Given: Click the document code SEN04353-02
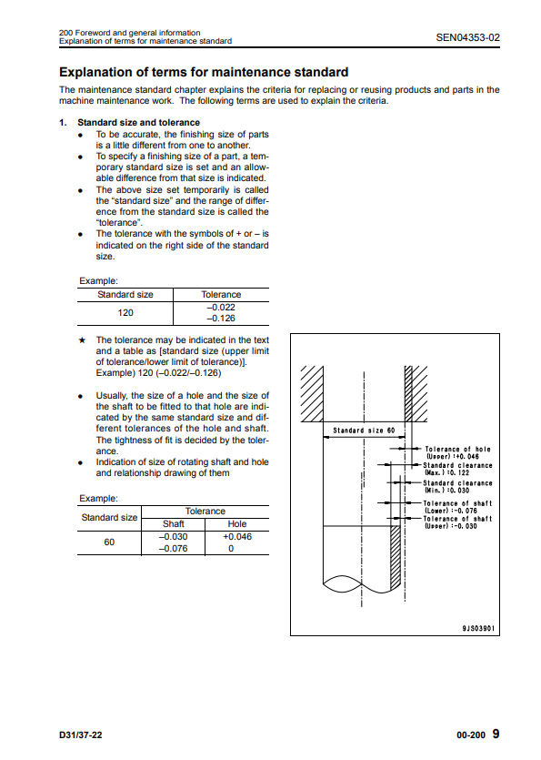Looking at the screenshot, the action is [467, 37].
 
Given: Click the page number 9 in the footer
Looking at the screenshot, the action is [496, 734].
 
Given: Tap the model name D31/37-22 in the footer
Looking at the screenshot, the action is [81, 735].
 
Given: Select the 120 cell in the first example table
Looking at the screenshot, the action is [125, 312].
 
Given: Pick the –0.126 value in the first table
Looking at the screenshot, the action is [221, 319].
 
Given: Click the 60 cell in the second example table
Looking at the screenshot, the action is [109, 542].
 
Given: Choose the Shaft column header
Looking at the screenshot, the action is [174, 524].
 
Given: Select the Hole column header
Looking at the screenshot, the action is [236, 524].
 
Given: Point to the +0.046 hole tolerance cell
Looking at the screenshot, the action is [237, 537].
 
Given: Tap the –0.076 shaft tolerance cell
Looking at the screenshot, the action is [173, 548].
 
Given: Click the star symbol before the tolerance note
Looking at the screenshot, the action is [82, 340].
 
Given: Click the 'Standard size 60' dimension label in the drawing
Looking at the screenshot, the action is [364, 431].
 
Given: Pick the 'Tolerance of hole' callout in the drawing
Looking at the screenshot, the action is [457, 452].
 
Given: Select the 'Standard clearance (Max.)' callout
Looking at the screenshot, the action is [457, 469].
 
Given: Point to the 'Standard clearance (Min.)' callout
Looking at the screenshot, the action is [457, 487].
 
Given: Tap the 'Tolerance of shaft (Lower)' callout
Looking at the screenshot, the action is [457, 507].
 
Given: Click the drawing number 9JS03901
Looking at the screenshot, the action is [478, 628].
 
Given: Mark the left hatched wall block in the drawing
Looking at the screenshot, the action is [312, 393].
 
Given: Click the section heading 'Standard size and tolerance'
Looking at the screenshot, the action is [138, 123].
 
